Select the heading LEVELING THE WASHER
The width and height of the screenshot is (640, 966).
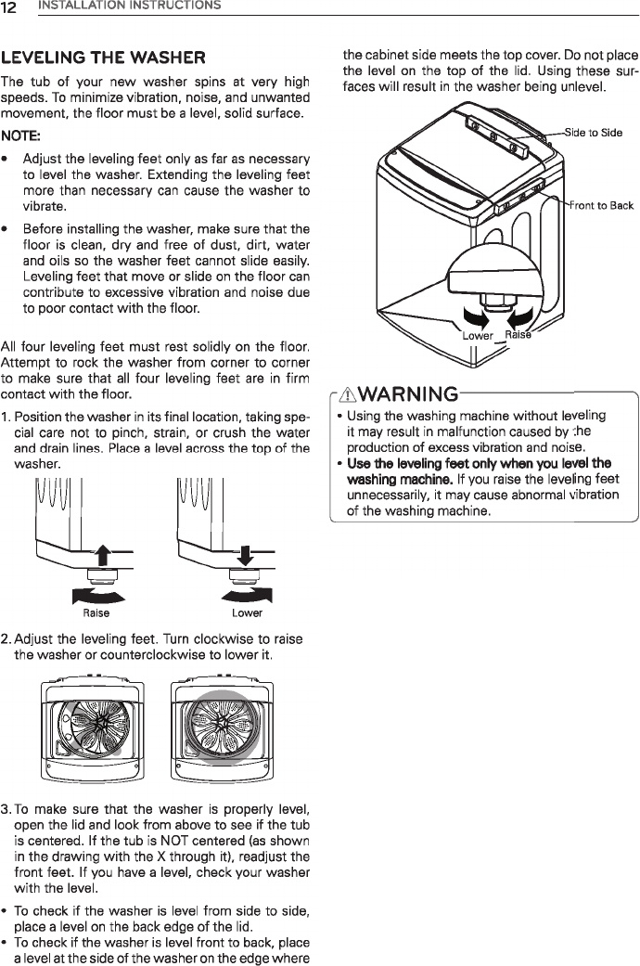click(104, 58)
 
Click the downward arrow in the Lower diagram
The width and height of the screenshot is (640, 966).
click(246, 557)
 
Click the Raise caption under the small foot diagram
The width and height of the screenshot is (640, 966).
click(96, 612)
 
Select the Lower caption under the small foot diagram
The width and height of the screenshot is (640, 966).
click(247, 612)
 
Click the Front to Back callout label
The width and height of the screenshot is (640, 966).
click(601, 205)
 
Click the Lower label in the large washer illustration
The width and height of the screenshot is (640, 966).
click(479, 336)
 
